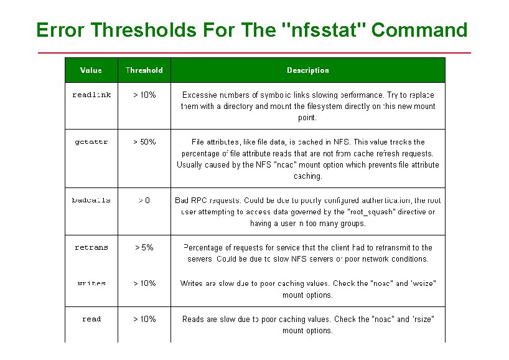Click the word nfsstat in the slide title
[324, 30]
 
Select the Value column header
[91, 70]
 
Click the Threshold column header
[144, 70]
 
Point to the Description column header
[308, 70]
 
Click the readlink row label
[91, 95]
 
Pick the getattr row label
[91, 142]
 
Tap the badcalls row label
[91, 201]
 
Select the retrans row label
[91, 247]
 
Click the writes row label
[91, 283]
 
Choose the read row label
[91, 320]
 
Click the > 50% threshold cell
[144, 142]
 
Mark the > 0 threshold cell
[144, 201]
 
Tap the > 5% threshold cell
[144, 247]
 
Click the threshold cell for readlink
[144, 95]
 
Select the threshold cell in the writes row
[144, 283]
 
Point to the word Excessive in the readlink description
[199, 95]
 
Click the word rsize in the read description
[423, 320]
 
